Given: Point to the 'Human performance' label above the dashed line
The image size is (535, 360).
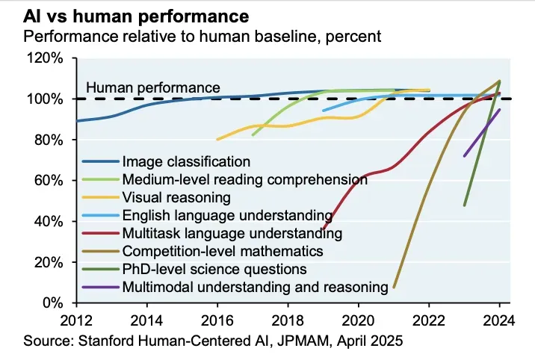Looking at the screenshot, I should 153,87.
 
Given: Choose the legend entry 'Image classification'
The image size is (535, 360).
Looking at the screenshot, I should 186,161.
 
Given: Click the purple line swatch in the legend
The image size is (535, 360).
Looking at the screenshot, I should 100,287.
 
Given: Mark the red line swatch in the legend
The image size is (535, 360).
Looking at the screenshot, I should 100,233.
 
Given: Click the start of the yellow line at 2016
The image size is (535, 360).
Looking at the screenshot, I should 217,139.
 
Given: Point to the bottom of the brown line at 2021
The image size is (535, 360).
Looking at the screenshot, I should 394,286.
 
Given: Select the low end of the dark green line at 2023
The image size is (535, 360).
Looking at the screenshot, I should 465,205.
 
